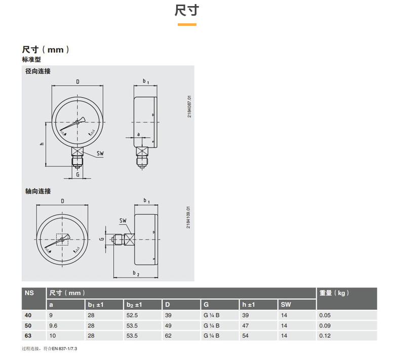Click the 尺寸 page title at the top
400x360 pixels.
pos(187,11)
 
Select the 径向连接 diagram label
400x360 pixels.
pos(38,71)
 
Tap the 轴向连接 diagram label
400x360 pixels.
pos(38,191)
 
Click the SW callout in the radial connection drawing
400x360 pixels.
pos(100,153)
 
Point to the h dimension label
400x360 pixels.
pos(42,144)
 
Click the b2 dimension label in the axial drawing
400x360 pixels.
pos(136,273)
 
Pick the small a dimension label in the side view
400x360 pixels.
pos(139,134)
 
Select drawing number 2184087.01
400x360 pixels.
pos(189,107)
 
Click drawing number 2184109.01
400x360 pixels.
pos(188,217)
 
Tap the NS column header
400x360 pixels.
pos(29,293)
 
